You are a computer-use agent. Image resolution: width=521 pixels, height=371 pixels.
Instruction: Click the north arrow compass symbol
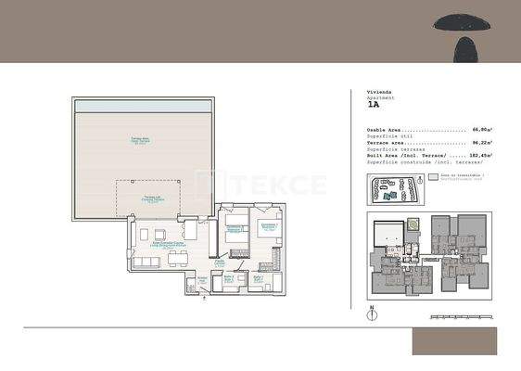click(x=371, y=314)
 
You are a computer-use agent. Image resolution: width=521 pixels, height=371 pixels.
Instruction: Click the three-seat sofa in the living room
click(x=147, y=262)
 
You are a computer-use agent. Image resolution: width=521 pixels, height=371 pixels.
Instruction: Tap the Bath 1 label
click(x=229, y=278)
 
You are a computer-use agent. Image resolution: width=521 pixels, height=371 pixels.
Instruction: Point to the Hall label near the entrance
click(x=203, y=278)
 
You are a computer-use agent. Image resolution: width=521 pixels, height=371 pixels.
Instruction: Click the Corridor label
click(x=221, y=262)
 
